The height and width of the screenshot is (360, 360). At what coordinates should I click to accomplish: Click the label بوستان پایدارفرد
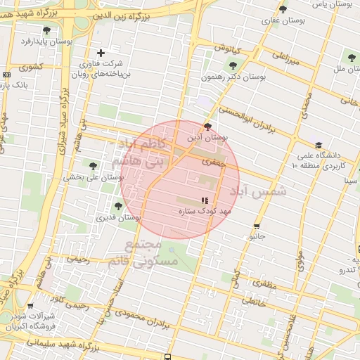click(47, 41)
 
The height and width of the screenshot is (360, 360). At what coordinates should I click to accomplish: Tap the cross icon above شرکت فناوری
click(101, 53)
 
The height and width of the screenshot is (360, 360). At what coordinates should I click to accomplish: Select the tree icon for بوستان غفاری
click(283, 9)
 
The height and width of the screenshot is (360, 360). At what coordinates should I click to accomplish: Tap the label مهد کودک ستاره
click(205, 210)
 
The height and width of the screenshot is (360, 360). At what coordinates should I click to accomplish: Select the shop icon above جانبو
click(256, 226)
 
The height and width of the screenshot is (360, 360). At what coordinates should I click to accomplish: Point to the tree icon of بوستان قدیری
click(117, 206)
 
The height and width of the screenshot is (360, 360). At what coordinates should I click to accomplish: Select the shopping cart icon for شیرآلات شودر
click(30, 305)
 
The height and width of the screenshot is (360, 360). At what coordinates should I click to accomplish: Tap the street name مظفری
click(264, 284)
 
